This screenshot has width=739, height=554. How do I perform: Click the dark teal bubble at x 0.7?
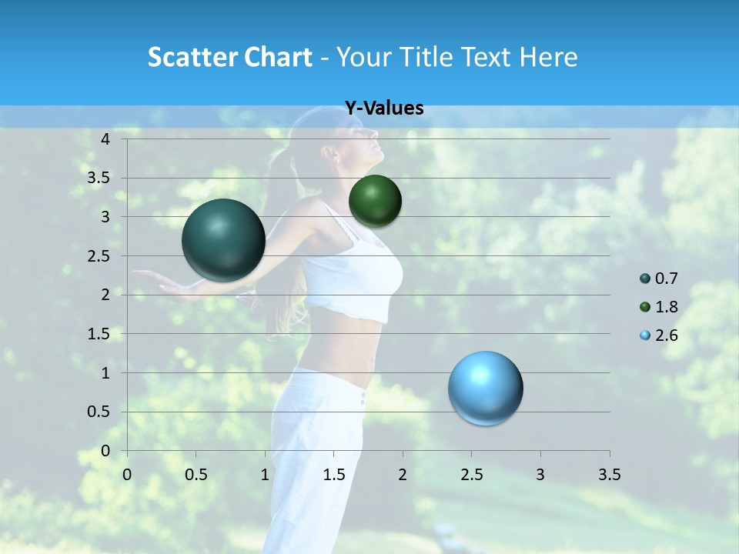223,240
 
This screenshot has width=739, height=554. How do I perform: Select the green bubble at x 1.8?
375,201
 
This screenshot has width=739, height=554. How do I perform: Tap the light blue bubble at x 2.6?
485,388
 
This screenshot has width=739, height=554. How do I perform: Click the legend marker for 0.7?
644,279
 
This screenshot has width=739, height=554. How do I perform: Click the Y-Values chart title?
383,108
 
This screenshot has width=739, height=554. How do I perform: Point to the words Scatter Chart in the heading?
229,57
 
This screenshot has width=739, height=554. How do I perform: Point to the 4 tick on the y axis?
105,139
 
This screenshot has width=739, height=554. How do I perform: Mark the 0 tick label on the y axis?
105,450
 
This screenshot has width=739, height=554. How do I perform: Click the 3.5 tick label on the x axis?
609,475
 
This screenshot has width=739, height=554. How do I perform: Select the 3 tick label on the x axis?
540,475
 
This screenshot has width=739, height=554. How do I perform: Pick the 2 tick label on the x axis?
403,475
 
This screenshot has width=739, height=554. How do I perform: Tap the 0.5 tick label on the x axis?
196,475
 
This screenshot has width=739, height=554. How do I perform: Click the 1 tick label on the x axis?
265,475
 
